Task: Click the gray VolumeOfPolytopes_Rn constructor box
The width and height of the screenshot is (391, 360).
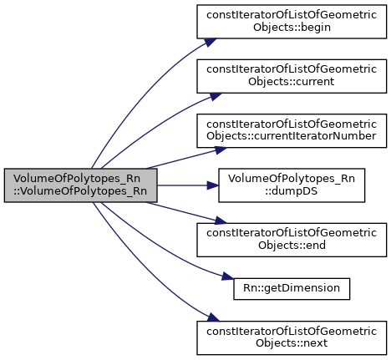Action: coord(80,185)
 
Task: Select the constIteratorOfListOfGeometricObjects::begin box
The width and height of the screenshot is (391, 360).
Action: coord(292,22)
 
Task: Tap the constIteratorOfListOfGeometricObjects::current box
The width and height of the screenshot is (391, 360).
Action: coord(292,76)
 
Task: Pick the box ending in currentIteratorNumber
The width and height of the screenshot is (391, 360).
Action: coord(292,130)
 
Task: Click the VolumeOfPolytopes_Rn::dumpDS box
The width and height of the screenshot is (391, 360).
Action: coord(292,185)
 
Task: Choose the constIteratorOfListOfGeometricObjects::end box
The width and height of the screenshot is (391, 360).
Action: coord(292,240)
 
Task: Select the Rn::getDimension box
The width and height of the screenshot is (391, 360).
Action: coord(292,289)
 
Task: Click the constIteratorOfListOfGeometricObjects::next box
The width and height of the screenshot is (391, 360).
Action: coord(292,337)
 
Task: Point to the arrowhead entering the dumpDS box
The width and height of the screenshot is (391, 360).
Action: coord(213,185)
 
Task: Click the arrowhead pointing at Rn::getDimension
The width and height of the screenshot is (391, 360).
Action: coord(228,277)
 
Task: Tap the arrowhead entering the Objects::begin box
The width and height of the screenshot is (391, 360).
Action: coord(211,42)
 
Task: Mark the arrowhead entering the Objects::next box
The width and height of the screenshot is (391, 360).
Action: coord(213,317)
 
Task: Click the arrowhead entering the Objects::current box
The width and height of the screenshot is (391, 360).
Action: coord(216,96)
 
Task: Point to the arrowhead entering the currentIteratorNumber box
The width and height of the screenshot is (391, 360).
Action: coord(221,150)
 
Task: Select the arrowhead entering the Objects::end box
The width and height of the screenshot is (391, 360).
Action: coord(221,221)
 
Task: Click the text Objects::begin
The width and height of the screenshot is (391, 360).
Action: coord(292,28)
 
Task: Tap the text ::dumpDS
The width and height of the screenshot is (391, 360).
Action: coord(292,191)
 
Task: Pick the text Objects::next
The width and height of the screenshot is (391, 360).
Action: coord(292,343)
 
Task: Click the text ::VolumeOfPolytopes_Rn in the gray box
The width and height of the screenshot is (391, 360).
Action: coord(80,191)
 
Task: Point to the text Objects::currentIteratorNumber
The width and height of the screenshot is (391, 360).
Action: coord(292,136)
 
